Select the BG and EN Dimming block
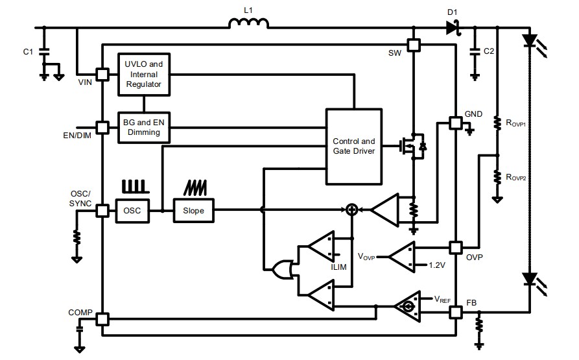[143, 127]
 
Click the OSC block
[132, 210]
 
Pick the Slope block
[193, 210]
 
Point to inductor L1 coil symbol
[248, 24]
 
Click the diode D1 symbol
[452, 27]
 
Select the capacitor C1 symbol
[44, 51]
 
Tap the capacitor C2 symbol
[475, 50]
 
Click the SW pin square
[414, 45]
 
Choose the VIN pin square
[102, 74]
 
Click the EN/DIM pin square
[102, 127]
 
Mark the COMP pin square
[102, 318]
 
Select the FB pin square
[456, 312]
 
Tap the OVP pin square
[456, 248]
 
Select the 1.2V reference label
[438, 265]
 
